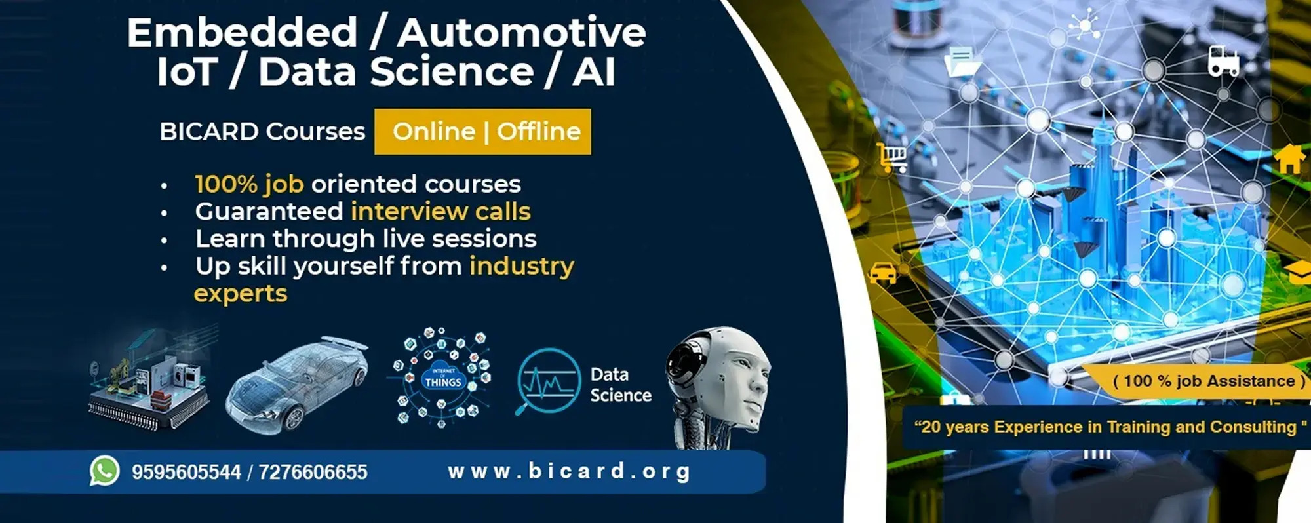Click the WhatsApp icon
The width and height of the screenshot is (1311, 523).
[105, 471]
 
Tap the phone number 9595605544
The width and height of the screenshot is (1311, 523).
[186, 472]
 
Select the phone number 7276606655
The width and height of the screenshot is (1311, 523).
[313, 472]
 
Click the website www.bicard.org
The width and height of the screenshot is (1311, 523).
[569, 471]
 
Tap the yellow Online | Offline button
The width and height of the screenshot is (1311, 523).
[482, 132]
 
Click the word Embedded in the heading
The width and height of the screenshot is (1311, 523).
[243, 33]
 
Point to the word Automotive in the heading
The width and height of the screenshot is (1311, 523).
[522, 33]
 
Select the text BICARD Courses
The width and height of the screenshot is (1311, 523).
[262, 132]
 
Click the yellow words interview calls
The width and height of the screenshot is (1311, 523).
[440, 212]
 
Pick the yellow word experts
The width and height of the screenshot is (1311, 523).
[241, 294]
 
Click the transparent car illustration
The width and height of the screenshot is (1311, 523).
[296, 384]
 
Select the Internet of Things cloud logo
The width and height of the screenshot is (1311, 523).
[442, 378]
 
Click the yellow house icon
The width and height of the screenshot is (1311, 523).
[1289, 159]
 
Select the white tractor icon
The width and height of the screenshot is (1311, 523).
[1223, 61]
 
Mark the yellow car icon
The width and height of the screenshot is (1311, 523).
[882, 273]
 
